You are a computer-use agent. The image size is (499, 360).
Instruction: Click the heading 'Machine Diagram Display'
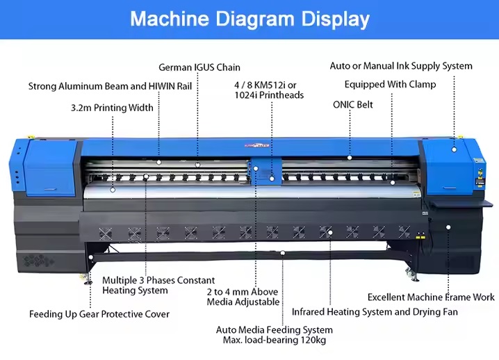(x=250, y=19)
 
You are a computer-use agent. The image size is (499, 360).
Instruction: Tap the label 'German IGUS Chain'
(x=199, y=67)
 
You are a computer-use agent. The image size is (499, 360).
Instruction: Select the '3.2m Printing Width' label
(x=112, y=108)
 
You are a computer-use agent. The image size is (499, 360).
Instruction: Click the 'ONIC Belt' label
(x=352, y=105)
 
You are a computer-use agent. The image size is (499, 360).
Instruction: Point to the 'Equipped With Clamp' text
(x=390, y=84)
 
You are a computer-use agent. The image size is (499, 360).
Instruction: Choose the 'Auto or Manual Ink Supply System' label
(x=401, y=66)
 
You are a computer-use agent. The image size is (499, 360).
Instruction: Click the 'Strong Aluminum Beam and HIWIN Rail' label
(x=110, y=86)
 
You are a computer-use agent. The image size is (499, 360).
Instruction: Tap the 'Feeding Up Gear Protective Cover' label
(x=99, y=314)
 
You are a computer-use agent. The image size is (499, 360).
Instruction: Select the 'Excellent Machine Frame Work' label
(x=431, y=297)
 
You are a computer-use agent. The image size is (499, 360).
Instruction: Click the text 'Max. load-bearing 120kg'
(x=275, y=340)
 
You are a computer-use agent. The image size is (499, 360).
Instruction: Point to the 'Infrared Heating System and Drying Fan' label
(x=375, y=312)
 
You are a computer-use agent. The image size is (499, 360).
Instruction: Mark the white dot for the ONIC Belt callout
(x=350, y=158)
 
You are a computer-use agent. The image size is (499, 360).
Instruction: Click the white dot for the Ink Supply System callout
(x=454, y=149)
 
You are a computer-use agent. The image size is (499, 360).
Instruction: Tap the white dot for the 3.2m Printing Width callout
(x=113, y=190)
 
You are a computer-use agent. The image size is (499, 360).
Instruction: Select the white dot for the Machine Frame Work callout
(x=448, y=227)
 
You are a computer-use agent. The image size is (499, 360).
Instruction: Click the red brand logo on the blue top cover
(x=256, y=146)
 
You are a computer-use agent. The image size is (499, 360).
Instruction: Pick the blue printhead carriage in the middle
(x=265, y=171)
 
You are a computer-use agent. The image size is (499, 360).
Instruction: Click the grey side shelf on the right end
(x=461, y=203)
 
